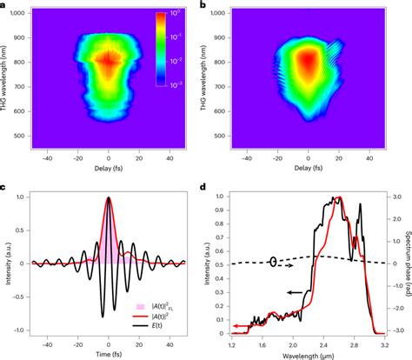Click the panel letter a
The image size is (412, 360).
4,6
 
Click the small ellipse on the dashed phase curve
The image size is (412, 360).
274,261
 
